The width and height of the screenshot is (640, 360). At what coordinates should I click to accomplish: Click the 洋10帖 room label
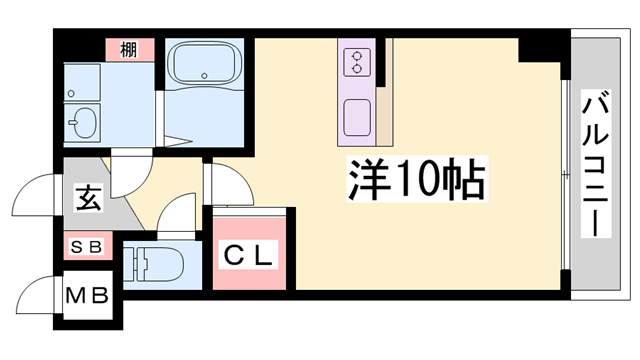click(417, 182)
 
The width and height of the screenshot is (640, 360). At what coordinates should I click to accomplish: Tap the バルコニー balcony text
click(597, 163)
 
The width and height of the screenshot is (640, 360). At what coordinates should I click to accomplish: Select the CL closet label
click(248, 255)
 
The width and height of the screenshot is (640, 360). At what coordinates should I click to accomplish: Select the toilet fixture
click(160, 267)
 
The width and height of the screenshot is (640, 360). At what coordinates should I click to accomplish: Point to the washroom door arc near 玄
click(128, 175)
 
